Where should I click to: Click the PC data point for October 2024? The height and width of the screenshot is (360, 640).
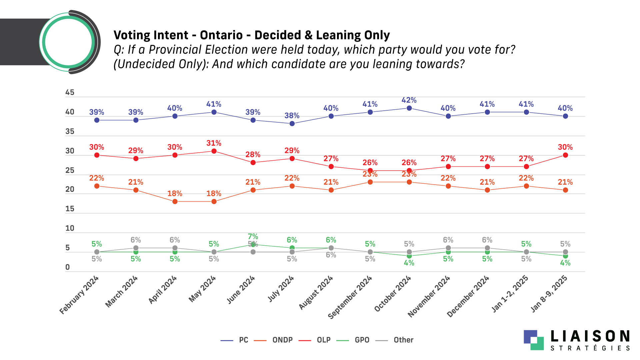click(x=409, y=108)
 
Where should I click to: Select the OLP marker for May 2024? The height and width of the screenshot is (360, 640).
click(x=214, y=151)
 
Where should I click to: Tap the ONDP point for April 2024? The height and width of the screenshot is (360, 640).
click(x=175, y=201)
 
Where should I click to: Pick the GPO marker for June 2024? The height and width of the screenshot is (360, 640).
click(x=253, y=244)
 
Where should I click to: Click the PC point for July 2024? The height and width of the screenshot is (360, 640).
click(x=292, y=124)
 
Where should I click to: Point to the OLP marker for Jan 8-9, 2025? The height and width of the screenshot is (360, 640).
click(x=565, y=155)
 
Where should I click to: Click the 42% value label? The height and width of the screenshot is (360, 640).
click(x=409, y=100)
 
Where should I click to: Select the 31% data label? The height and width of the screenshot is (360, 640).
click(x=214, y=143)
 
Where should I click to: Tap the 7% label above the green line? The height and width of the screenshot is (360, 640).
click(x=253, y=237)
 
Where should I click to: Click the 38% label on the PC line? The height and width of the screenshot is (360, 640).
click(x=292, y=116)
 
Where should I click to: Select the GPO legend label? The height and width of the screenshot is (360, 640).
click(x=362, y=340)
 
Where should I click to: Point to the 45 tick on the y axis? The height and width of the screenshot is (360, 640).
click(x=70, y=92)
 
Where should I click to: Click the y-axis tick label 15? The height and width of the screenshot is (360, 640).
click(x=70, y=209)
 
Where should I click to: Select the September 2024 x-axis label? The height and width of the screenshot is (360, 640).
click(x=350, y=297)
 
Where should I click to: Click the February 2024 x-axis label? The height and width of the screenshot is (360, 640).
click(x=79, y=295)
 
